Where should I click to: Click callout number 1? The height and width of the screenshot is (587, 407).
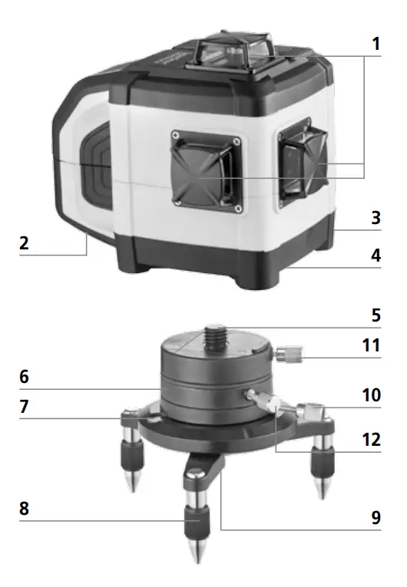(x=376, y=44)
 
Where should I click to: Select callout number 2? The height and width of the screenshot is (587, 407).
(x=25, y=244)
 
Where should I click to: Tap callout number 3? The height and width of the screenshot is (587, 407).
(x=376, y=218)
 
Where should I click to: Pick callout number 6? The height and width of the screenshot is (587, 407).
(x=25, y=378)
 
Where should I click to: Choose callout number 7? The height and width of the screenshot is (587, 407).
(x=25, y=407)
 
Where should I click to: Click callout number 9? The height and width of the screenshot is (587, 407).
(x=376, y=518)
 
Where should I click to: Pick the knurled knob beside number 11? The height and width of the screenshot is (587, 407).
(x=290, y=355)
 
